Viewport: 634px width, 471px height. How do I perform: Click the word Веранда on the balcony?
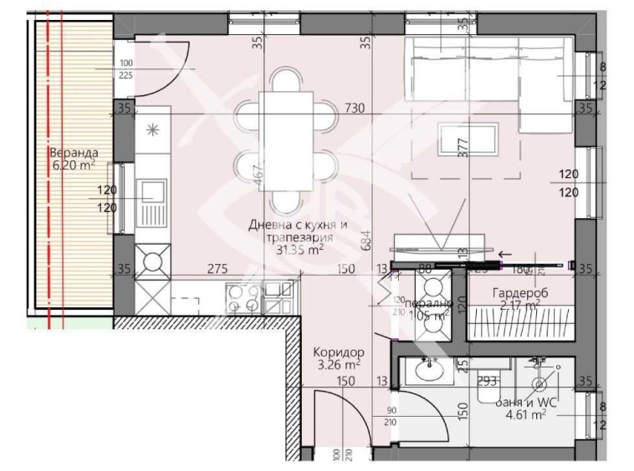pyautogui.click(x=74, y=153)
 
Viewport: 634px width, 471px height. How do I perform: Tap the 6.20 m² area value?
pyautogui.click(x=74, y=165)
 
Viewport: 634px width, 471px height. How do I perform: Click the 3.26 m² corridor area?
pyautogui.click(x=339, y=364)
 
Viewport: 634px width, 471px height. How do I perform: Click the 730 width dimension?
pyautogui.click(x=357, y=107)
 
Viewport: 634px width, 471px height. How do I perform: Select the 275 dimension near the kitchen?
pyautogui.click(x=219, y=268)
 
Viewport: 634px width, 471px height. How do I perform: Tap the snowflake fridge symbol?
pyautogui.click(x=152, y=129)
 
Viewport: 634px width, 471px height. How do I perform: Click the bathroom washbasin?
pyautogui.click(x=431, y=369)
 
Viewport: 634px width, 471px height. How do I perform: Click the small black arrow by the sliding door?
pyautogui.click(x=504, y=256)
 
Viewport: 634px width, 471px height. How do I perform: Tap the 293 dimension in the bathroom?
pyautogui.click(x=488, y=381)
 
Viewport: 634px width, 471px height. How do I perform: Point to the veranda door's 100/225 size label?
pyautogui.click(x=126, y=68)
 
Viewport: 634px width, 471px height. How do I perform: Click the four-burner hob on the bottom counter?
pyautogui.click(x=245, y=298)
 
